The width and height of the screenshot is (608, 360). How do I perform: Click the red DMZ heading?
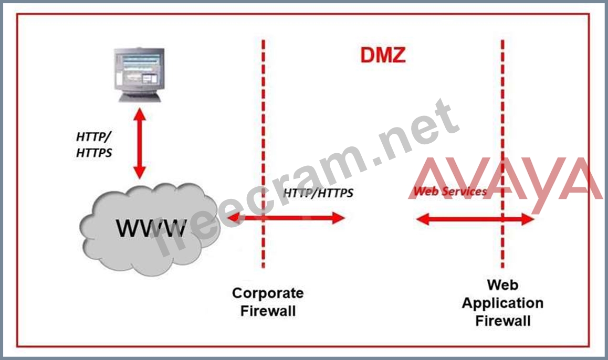click(x=383, y=56)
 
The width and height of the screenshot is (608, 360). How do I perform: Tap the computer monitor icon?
click(x=139, y=75)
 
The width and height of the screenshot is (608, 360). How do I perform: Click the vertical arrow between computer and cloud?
click(x=139, y=143)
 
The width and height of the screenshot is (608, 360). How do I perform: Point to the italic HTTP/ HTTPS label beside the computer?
click(x=94, y=144)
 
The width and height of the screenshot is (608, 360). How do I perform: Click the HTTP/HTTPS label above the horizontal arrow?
click(x=318, y=193)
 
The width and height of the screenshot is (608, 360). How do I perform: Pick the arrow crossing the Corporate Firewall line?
click(x=286, y=218)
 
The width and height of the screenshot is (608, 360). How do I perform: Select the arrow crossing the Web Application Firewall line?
click(x=475, y=219)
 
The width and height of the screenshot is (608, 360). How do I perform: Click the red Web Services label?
click(x=450, y=191)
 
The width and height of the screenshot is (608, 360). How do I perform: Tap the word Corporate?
click(x=268, y=293)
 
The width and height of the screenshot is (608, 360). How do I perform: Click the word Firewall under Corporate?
click(x=268, y=311)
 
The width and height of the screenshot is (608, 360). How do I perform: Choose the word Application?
click(x=502, y=303)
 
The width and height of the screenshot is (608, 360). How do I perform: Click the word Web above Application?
click(x=502, y=285)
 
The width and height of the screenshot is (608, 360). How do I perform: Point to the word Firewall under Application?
click(x=503, y=321)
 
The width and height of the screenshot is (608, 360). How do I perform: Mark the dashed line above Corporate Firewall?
click(x=263, y=154)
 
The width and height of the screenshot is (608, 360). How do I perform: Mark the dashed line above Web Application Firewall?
click(x=502, y=154)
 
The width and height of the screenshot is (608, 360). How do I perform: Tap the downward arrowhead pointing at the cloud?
click(x=139, y=173)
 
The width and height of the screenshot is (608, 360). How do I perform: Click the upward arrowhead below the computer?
click(x=139, y=114)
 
